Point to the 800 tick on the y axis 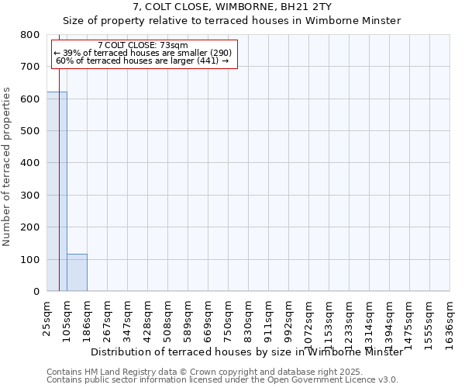coord(31,35)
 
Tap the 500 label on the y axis coord(31,131)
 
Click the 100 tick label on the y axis coord(31,259)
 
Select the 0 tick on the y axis coord(36,292)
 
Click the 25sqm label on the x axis coord(46,317)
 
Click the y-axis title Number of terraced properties coord(7,166)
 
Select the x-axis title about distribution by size coord(246,352)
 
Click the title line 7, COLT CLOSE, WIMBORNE coord(232,6)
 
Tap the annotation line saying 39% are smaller coord(143,53)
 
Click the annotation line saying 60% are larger coord(143,61)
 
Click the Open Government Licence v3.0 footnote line coord(222,380)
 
